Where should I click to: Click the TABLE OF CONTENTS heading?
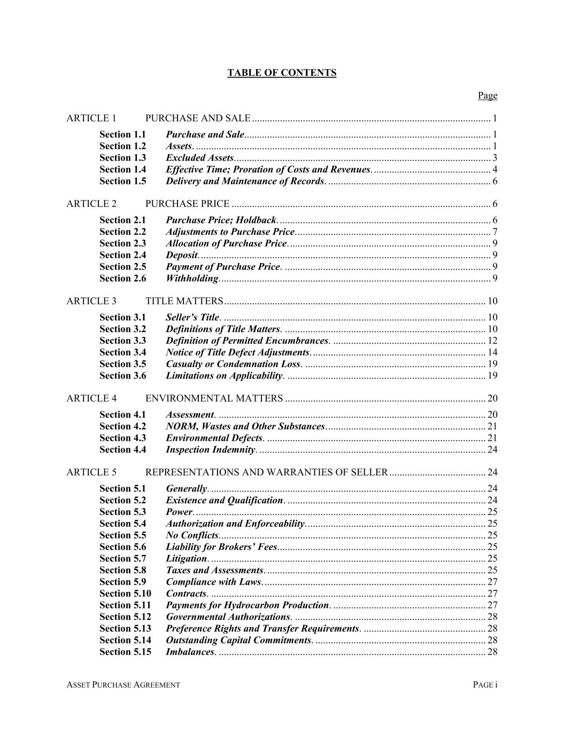pos(282,73)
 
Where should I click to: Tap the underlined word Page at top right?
pos(487,96)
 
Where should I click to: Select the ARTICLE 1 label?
pos(91,118)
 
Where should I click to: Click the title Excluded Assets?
pos(199,158)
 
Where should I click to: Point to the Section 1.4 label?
pos(122,170)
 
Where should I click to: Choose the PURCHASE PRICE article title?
pos(187,204)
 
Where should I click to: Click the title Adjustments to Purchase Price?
pos(230,232)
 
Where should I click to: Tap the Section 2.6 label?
pos(122,278)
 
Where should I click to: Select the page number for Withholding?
pos(495,278)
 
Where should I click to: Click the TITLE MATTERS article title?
pos(184,301)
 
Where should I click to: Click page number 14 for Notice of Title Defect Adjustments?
pos(492,352)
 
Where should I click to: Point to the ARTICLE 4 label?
pos(91,398)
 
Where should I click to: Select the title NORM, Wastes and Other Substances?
pos(245,426)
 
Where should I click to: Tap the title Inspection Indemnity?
pos(211,450)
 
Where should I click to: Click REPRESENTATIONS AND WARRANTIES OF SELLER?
pos(266,472)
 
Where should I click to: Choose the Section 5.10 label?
pos(125,594)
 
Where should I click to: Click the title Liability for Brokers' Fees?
pos(221,547)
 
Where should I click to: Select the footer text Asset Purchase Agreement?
pos(123,685)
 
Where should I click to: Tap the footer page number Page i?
pos(485,685)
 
